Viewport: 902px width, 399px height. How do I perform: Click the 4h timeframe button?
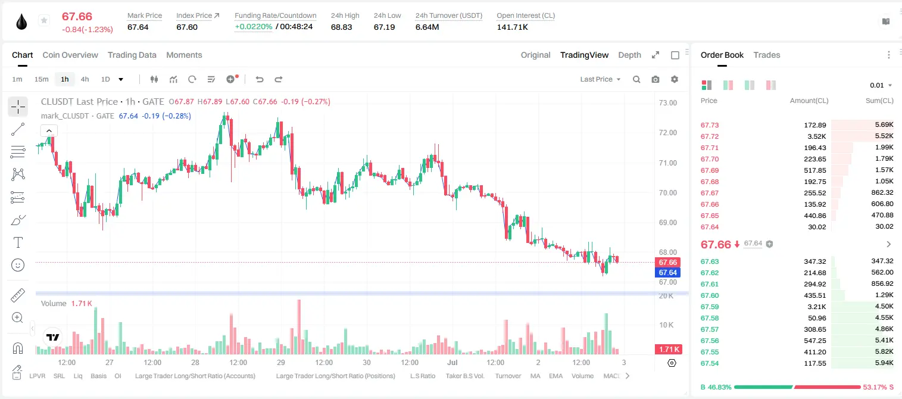pos(85,79)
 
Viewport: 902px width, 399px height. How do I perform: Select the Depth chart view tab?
pos(629,55)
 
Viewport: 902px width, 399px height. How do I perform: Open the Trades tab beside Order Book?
pos(767,55)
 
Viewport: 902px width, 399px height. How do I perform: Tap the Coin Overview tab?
pos(70,55)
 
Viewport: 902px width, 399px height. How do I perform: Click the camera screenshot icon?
pos(656,79)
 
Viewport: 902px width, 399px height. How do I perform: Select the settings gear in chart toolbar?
pos(675,79)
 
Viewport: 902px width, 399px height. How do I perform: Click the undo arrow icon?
pos(260,79)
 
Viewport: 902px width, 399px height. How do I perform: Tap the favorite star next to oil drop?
pos(44,20)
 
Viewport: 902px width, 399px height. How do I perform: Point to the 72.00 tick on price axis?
pos(667,132)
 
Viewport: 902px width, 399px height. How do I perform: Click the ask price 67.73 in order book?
pos(710,125)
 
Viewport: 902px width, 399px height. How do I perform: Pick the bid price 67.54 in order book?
pos(710,363)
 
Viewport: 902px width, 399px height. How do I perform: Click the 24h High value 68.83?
pos(342,27)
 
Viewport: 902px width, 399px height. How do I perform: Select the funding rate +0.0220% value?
pos(254,27)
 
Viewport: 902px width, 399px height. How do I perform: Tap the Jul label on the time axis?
pos(452,362)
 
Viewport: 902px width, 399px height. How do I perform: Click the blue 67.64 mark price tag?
pos(667,273)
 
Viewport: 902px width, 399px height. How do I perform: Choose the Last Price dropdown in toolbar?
pos(600,79)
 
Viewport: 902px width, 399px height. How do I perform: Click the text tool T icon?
pos(18,242)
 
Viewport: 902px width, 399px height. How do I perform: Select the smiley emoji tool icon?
pos(18,265)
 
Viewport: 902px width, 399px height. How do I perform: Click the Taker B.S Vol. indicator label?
pos(465,376)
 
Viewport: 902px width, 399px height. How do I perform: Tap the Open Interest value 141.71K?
pos(512,27)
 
